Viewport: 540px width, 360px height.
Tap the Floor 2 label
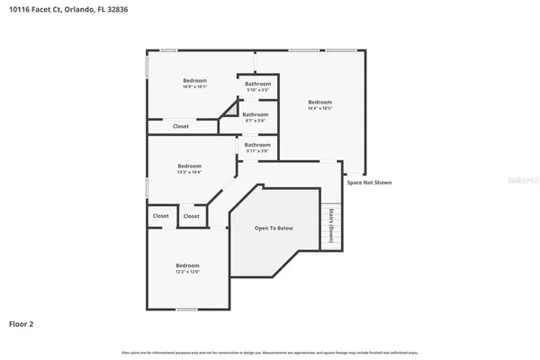22,323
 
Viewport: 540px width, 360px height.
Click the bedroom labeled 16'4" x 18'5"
319,105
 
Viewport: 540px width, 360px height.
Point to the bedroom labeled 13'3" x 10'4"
189,168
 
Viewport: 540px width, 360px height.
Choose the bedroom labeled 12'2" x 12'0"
186,268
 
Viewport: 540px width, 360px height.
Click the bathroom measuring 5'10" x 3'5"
257,86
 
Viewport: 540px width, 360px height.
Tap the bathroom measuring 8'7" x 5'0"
255,117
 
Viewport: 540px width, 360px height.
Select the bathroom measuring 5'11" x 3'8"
257,148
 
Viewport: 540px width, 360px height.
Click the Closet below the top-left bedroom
181,127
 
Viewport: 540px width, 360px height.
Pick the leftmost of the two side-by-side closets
160,216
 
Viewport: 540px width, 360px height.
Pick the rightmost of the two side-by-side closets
192,216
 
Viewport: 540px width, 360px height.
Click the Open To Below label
274,229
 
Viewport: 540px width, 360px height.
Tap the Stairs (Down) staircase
331,225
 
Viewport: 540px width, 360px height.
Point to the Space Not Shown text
369,183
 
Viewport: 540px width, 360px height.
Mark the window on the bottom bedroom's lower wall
186,309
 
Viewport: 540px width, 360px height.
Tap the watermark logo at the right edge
522,180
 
